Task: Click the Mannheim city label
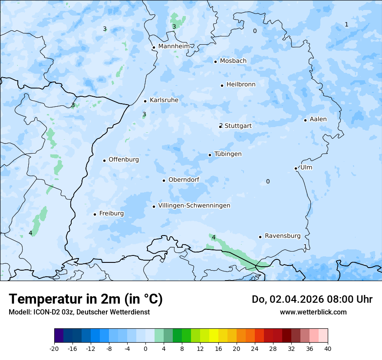(x=174, y=46)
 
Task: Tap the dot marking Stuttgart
(x=221, y=126)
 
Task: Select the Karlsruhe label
(x=164, y=100)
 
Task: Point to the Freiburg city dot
(x=95, y=214)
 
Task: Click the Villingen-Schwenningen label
(x=194, y=206)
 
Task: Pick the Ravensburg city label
(x=283, y=236)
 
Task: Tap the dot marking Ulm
(x=296, y=168)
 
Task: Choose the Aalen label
(x=318, y=119)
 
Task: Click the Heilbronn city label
(x=241, y=85)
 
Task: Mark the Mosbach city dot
(x=215, y=62)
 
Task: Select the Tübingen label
(x=228, y=154)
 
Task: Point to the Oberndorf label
(x=184, y=180)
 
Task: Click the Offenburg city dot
(x=104, y=160)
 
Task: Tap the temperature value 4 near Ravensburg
(x=214, y=237)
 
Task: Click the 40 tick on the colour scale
(x=327, y=348)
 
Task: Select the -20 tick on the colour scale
(x=54, y=348)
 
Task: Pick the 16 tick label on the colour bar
(x=218, y=348)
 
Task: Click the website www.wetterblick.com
(x=313, y=312)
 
